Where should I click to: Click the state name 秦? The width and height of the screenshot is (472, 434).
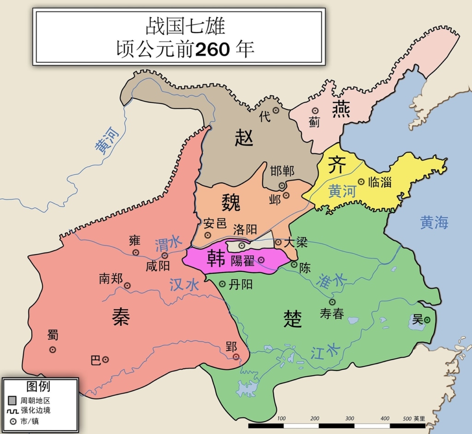click(121, 317)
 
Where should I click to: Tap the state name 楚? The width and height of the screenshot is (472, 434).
click(293, 318)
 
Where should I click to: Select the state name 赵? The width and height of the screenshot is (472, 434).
click(244, 137)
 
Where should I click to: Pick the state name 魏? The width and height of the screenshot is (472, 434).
click(231, 202)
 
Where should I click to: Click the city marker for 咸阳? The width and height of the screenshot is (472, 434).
click(165, 255)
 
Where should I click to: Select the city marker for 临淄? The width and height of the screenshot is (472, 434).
click(361, 182)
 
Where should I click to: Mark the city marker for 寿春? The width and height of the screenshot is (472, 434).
click(332, 302)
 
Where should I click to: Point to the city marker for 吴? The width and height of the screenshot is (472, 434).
click(427, 320)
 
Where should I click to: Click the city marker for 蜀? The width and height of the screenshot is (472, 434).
click(53, 349)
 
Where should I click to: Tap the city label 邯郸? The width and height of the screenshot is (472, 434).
click(282, 171)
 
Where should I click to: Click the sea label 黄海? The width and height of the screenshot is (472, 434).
click(434, 223)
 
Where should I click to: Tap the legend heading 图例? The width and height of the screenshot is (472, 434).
click(38, 386)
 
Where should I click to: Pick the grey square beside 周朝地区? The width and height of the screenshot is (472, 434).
click(12, 401)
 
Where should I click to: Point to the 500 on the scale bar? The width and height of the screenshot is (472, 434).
click(406, 418)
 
